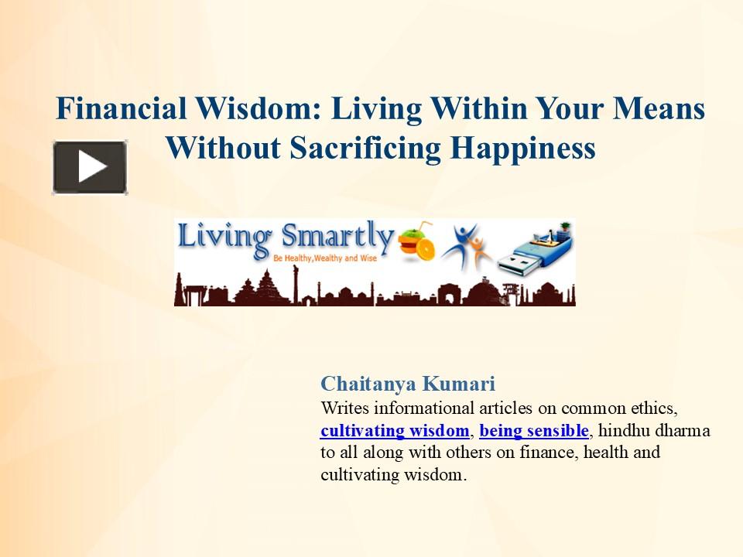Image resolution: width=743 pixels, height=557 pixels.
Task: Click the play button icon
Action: pyautogui.click(x=90, y=167)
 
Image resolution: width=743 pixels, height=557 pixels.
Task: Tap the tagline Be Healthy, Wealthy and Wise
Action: pyautogui.click(x=324, y=260)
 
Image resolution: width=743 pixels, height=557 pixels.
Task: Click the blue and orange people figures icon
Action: pyautogui.click(x=466, y=246)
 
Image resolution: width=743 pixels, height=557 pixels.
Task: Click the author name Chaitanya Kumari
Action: pyautogui.click(x=408, y=384)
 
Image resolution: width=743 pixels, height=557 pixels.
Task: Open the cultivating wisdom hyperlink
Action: pyautogui.click(x=395, y=430)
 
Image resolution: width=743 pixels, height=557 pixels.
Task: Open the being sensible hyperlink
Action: pyautogui.click(x=534, y=430)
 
